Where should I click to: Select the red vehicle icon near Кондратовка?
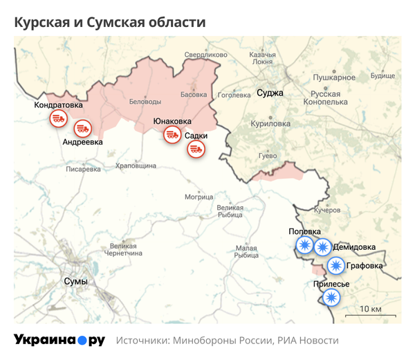pos(58,119)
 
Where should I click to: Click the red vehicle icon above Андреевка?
pos(83,128)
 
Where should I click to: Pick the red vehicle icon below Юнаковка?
pos(171,136)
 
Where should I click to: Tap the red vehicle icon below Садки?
pos(196,149)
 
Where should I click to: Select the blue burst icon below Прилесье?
pos(331,298)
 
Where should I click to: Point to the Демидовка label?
pos(354,247)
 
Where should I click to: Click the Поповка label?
pos(304,232)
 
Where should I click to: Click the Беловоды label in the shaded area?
pos(145,102)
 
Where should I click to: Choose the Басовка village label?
pos(193,94)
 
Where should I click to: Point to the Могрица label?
pos(199,197)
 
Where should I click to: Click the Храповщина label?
pos(136,166)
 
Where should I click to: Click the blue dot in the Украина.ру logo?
pos(82,341)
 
